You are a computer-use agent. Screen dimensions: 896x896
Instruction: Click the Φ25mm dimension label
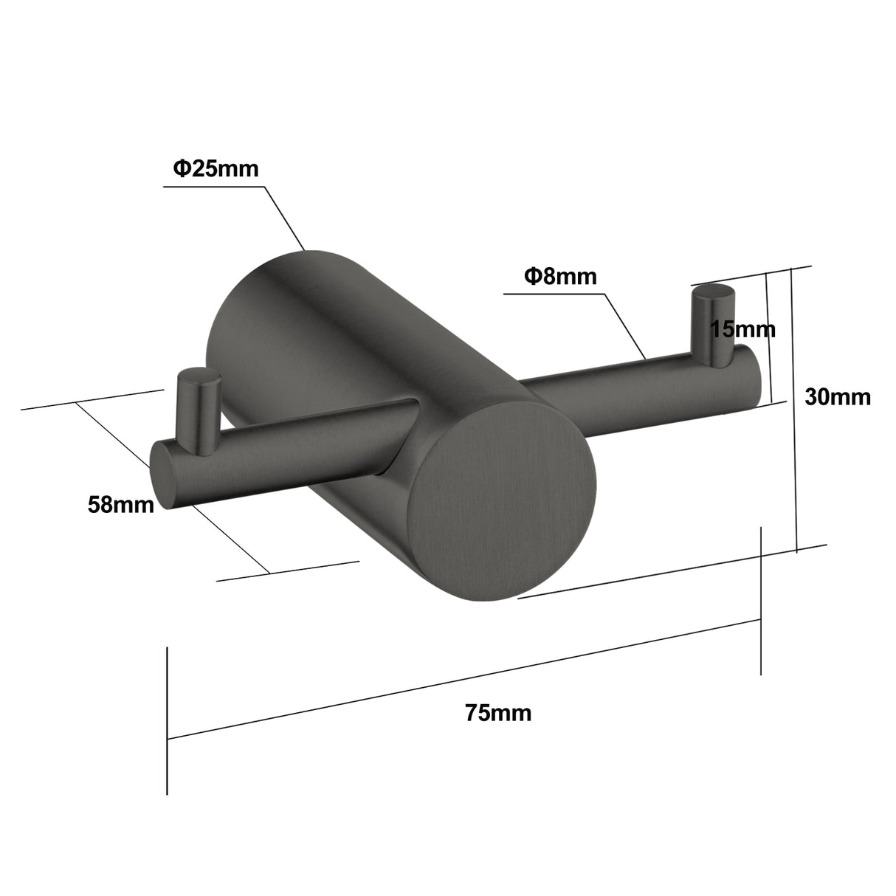coord(216,169)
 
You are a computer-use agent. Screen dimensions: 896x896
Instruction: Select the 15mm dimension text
coord(742,329)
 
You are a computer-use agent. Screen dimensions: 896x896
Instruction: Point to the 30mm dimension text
coord(837,397)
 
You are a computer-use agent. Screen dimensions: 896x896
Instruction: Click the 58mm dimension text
coord(121,506)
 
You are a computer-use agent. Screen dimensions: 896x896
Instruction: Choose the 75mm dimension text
coord(498,713)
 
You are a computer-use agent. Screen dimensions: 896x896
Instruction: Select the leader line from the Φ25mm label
coord(284,218)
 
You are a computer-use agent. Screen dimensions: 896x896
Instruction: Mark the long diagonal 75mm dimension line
coord(465,679)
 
